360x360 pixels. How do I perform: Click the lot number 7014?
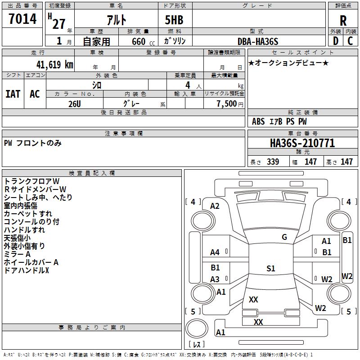22,18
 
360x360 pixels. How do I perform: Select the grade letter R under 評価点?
343,21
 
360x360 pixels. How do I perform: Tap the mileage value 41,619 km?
54,64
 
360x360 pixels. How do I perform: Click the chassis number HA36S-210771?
302,143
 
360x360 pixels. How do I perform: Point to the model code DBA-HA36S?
258,41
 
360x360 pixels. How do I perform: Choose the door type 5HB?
174,20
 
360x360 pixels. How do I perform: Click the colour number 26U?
75,104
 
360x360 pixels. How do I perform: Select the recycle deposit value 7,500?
227,104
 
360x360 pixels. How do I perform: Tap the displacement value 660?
139,41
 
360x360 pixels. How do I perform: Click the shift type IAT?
13,94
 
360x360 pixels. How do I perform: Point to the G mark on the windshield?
284,237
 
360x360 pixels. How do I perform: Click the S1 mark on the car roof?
271,268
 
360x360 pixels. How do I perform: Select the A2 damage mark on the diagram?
215,206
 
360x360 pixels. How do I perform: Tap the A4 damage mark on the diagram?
215,252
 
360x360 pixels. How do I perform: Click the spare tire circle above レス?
197,328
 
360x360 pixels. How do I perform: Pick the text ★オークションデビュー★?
288,63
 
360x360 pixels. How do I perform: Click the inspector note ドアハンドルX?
27,270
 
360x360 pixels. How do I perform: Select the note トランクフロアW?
31,181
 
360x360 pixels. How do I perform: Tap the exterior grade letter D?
335,41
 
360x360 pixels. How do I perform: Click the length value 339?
273,162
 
